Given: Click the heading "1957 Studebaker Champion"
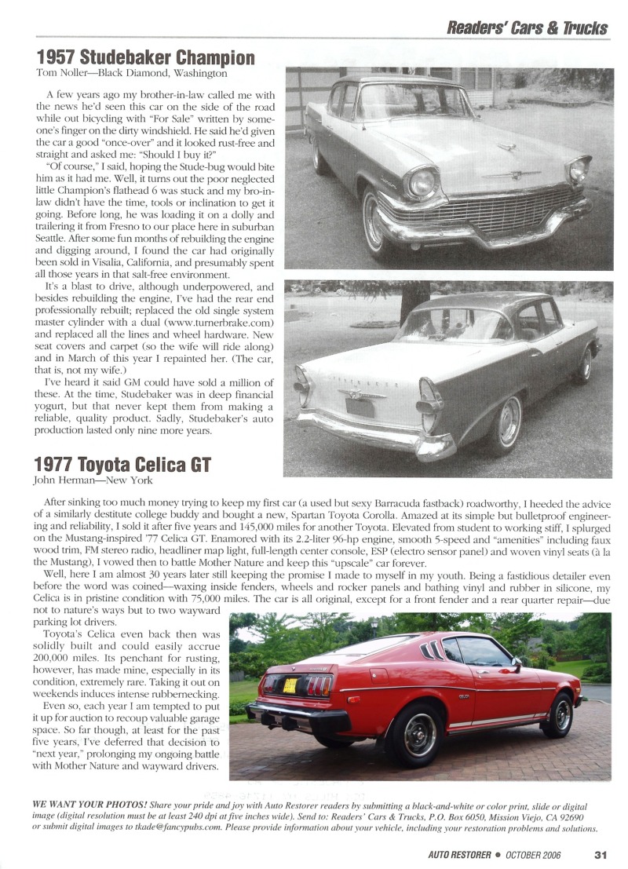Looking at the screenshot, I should (146, 58).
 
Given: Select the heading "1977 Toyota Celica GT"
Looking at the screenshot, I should (124, 465).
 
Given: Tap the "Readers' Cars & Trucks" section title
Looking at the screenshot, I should (527, 27).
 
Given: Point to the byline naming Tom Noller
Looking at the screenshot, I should (132, 74).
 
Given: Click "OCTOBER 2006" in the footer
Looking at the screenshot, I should (534, 855).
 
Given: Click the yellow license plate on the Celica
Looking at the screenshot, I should (290, 685).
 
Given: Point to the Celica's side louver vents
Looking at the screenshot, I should (431, 651).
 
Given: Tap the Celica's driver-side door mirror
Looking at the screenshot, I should (516, 663).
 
